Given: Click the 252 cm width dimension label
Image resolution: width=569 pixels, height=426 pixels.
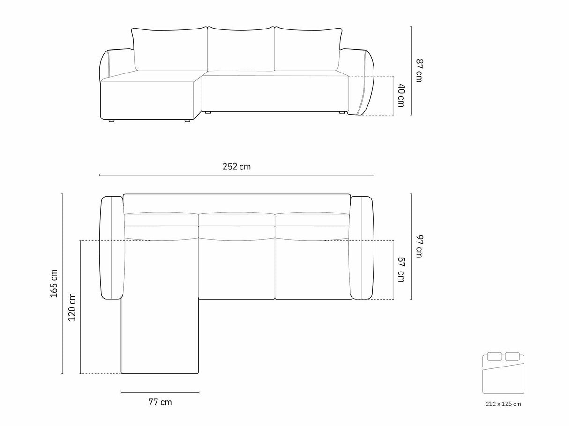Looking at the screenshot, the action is [x=236, y=167].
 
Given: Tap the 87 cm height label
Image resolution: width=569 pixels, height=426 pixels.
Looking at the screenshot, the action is [x=419, y=71].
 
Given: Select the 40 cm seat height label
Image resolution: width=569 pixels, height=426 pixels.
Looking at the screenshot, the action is [x=401, y=95].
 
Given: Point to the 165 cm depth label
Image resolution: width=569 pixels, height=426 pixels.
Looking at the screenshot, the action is [x=54, y=283].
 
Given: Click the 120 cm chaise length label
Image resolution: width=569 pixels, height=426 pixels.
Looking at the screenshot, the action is [x=72, y=307].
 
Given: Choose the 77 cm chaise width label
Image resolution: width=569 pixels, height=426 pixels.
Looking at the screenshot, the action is [x=160, y=402].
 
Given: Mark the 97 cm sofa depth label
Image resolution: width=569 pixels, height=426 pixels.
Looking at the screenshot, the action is [x=419, y=246].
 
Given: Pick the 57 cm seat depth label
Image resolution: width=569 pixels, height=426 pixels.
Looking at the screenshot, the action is [x=401, y=270].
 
